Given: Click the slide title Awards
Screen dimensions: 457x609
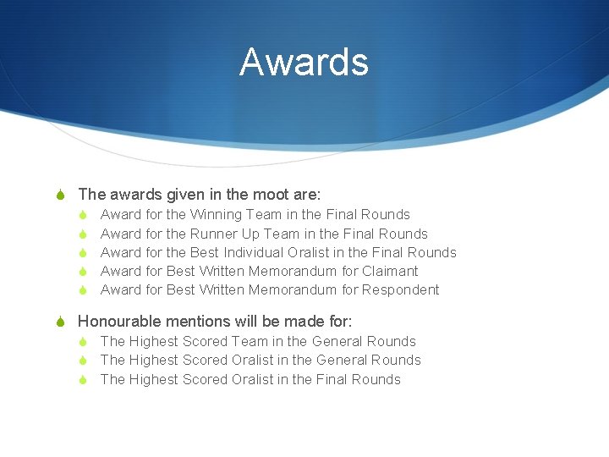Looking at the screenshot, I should pyautogui.click(x=304, y=63).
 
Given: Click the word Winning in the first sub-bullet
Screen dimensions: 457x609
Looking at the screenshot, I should pyautogui.click(x=217, y=215).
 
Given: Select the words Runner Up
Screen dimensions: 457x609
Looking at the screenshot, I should pyautogui.click(x=225, y=234).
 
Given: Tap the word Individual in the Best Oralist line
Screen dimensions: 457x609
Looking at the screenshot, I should pyautogui.click(x=253, y=252).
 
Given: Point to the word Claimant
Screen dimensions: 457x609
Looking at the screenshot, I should pyautogui.click(x=390, y=271).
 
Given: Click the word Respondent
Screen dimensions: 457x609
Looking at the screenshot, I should pyautogui.click(x=400, y=290).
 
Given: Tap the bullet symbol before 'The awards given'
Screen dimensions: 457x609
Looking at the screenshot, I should pyautogui.click(x=60, y=195).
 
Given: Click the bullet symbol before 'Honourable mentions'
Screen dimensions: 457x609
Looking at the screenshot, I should pyautogui.click(x=60, y=322).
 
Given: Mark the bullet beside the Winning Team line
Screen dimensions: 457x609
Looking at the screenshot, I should pyautogui.click(x=84, y=216).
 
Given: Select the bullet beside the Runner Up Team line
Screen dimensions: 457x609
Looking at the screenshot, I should pyautogui.click(x=84, y=234).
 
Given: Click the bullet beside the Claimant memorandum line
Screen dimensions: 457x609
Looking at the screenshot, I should pyautogui.click(x=84, y=272).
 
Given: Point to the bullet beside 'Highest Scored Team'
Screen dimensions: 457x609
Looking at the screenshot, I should pyautogui.click(x=84, y=342).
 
